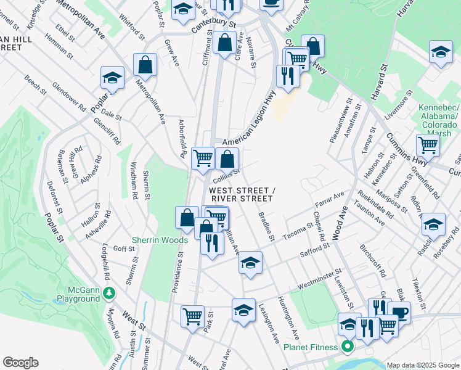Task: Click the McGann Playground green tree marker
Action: [x=110, y=292]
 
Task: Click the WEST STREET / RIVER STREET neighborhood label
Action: [x=242, y=194]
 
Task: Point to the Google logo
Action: [x=20, y=363]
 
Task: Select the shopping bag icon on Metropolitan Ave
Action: [x=145, y=64]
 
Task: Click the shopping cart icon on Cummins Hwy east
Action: [x=427, y=146]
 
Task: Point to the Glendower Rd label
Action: [x=70, y=97]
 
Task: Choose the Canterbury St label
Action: [x=213, y=26]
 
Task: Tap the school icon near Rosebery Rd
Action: [x=433, y=224]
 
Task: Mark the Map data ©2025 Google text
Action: [x=423, y=364]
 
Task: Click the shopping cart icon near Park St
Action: [x=192, y=316]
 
